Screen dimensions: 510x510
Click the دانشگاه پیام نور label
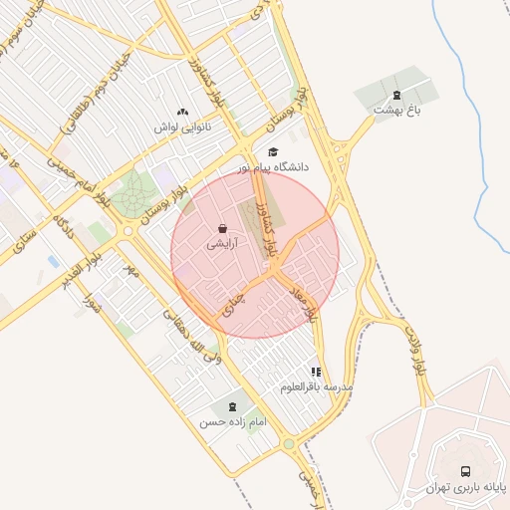pyautogui.click(x=273, y=167)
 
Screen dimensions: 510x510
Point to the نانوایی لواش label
pyautogui.click(x=179, y=127)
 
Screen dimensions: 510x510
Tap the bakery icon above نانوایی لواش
pyautogui.click(x=180, y=112)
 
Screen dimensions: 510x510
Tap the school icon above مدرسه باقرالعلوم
pyautogui.click(x=317, y=372)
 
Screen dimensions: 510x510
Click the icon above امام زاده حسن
pyautogui.click(x=232, y=406)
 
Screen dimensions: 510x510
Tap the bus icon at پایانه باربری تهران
pyautogui.click(x=465, y=471)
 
